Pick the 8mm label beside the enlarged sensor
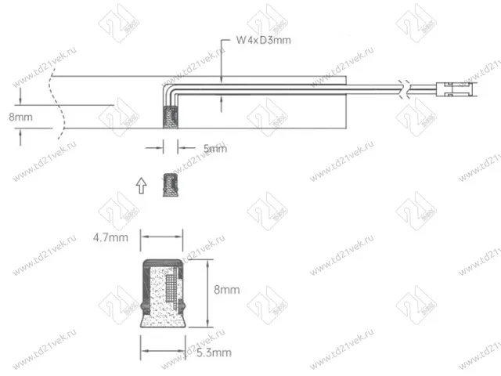[226, 289]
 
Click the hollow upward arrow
[140, 185]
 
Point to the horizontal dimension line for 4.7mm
[161, 236]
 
